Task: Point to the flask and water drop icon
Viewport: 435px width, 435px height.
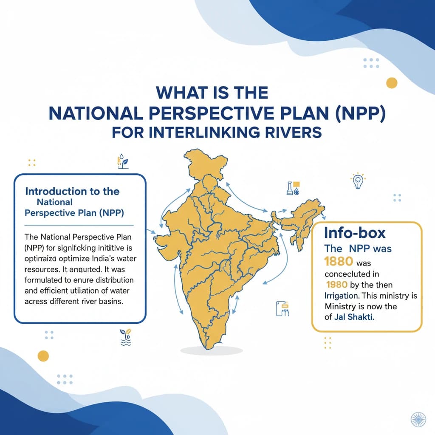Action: [x=293, y=188]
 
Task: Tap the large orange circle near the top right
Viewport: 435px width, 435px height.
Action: [x=391, y=82]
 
